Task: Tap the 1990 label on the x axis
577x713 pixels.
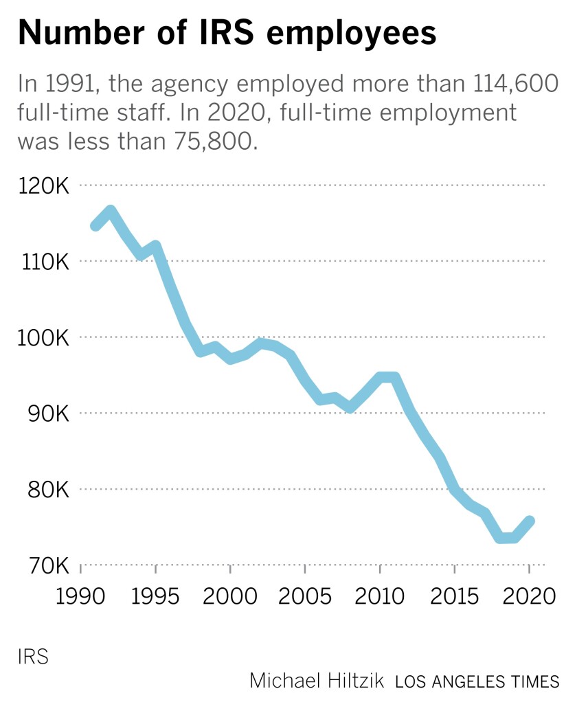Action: (80, 596)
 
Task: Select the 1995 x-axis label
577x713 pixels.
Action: (155, 596)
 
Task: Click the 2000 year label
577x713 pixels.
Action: (230, 596)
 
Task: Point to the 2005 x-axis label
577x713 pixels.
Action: (305, 596)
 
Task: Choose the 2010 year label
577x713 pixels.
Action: (379, 596)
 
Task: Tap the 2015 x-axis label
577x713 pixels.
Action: (454, 596)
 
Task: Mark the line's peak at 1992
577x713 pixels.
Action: (111, 211)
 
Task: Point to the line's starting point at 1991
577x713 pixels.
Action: (95, 225)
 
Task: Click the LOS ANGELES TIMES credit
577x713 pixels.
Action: (477, 681)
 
